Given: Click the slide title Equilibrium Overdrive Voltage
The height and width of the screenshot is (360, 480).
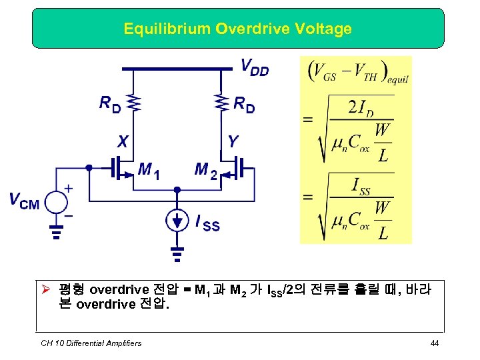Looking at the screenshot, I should click(237, 29).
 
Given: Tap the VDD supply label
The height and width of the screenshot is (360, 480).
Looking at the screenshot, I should click(254, 67).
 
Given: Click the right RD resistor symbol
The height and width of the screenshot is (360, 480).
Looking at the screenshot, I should click(220, 102).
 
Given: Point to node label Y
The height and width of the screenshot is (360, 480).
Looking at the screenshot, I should click(232, 141).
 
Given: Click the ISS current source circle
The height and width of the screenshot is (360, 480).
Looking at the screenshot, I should click(177, 220).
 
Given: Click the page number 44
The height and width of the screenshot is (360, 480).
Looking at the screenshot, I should click(435, 343).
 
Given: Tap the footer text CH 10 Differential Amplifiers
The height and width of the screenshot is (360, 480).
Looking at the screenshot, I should click(91, 343).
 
